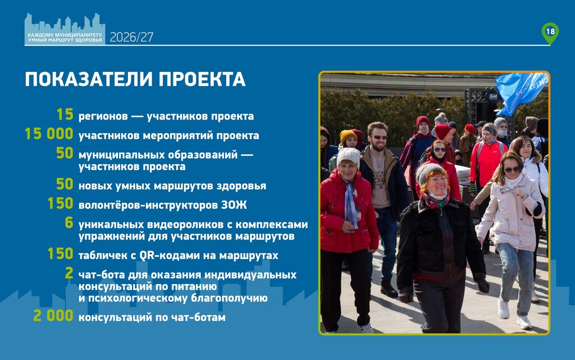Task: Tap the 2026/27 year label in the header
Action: [x=131, y=37]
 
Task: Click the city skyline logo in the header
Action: [x=65, y=29]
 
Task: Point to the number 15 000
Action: [x=49, y=134]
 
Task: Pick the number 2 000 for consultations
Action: [x=53, y=316]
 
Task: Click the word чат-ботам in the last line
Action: [x=199, y=317]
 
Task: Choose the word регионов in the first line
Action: [x=103, y=117]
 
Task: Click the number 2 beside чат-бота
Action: [x=69, y=273]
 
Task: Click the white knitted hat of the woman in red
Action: [x=348, y=157]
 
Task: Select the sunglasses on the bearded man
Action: [x=378, y=138]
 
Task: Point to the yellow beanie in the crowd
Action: [x=348, y=136]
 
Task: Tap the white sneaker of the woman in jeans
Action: [x=524, y=322]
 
